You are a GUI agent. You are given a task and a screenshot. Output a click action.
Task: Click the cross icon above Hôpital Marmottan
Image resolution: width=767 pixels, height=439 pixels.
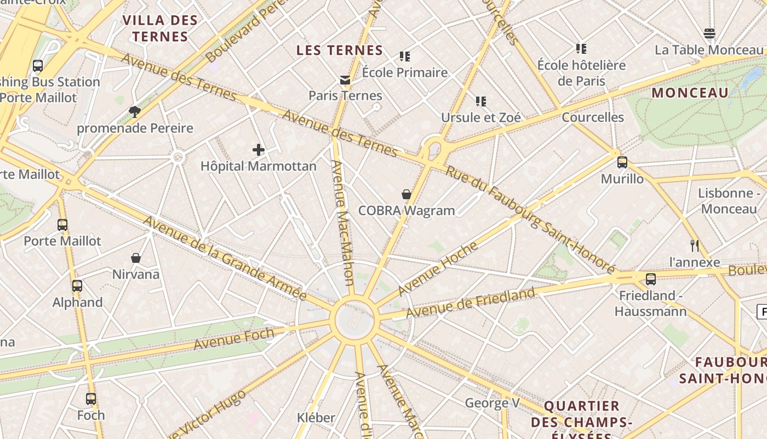[x=259, y=149]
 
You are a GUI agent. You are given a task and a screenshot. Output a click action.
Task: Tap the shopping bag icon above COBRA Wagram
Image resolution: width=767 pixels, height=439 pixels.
[x=407, y=194]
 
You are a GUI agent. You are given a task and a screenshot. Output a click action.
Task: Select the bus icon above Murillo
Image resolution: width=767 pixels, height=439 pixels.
[x=622, y=162]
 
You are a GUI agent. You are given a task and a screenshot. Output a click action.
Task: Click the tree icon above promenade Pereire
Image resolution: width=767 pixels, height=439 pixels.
[x=135, y=112]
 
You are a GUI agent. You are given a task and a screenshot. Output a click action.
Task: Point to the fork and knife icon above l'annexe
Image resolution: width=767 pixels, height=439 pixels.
[x=695, y=245]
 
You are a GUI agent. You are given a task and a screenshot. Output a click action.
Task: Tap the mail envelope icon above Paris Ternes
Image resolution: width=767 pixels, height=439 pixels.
[x=345, y=80]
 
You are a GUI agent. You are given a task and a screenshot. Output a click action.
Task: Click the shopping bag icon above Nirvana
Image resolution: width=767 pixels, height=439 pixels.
[x=136, y=257]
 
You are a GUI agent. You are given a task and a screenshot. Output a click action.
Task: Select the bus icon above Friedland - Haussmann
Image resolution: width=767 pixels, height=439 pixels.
[x=650, y=279]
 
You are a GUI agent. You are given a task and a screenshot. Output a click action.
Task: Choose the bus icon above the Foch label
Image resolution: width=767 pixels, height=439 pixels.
[x=91, y=398]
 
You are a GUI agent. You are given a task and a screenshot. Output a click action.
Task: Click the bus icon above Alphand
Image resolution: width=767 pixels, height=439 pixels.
[x=77, y=285]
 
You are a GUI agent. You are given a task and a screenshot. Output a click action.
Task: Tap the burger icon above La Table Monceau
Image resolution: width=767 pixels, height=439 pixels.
[x=709, y=33]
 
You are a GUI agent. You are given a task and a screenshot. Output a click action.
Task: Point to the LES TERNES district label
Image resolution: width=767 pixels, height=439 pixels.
[x=340, y=50]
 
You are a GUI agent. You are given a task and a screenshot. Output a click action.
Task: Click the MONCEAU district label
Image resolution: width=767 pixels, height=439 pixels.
[x=690, y=93]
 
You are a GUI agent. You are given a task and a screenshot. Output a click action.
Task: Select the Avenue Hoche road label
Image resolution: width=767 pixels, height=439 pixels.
[x=438, y=269]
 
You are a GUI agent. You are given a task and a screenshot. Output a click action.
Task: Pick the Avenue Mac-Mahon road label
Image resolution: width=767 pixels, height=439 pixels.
[x=344, y=222]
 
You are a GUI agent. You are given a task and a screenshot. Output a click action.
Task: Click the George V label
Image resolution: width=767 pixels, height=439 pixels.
[x=492, y=403]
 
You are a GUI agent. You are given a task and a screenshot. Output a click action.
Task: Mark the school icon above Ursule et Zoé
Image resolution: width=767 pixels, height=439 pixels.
[x=481, y=101]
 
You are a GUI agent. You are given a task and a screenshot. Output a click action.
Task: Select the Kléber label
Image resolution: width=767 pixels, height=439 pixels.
[x=316, y=418]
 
